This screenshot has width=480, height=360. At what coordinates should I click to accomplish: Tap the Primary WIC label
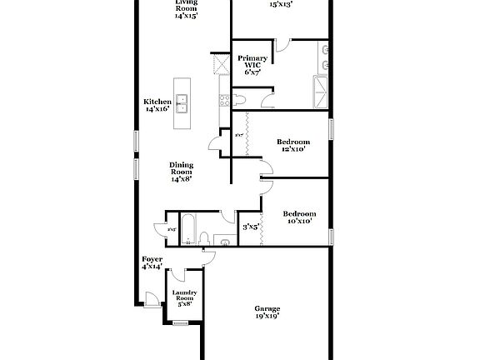point(252,64)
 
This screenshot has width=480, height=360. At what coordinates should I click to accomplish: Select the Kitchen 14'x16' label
point(157,105)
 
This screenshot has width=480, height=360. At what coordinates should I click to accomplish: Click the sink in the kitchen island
point(181,104)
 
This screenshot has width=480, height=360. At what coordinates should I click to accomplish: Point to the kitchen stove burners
point(222,102)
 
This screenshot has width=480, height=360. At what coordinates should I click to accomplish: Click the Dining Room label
point(181,172)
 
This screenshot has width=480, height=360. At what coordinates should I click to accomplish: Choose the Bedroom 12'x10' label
point(292,145)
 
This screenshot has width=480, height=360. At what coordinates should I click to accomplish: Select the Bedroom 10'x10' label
point(298,217)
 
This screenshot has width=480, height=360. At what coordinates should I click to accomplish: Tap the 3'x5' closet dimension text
point(251,226)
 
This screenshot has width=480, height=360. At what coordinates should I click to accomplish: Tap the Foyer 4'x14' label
point(152,263)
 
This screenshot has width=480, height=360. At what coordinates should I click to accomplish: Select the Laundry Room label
point(184,298)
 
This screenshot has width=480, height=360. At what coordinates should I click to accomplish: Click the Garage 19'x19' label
point(267,312)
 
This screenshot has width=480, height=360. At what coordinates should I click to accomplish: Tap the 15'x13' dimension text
point(281,4)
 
